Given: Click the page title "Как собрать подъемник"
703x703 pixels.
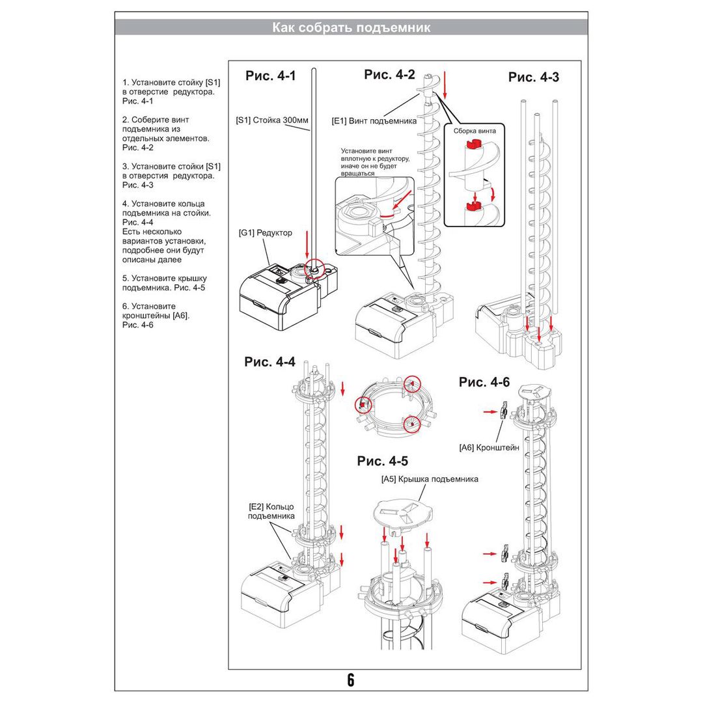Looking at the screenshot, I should (351, 28).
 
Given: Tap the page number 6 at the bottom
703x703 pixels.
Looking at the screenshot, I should (351, 680).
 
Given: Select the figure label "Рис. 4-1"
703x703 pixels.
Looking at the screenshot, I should (270, 76).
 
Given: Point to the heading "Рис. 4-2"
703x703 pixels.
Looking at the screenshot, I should (389, 74).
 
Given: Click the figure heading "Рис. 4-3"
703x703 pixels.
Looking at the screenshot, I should (533, 77).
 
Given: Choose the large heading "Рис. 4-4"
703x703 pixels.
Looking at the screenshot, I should (269, 362).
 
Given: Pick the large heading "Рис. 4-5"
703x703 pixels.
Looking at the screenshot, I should (383, 461).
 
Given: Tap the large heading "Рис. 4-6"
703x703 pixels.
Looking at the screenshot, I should (484, 382).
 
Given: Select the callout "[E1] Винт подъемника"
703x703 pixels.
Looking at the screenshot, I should (374, 120).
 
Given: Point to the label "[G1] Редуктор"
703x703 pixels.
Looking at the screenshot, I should (265, 232).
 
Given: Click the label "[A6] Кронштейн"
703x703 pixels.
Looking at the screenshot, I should (489, 447).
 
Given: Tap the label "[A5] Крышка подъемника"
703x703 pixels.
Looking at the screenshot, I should (430, 479).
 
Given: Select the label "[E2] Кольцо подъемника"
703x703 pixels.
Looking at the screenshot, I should (271, 511).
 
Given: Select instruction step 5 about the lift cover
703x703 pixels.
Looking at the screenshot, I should (163, 283).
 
